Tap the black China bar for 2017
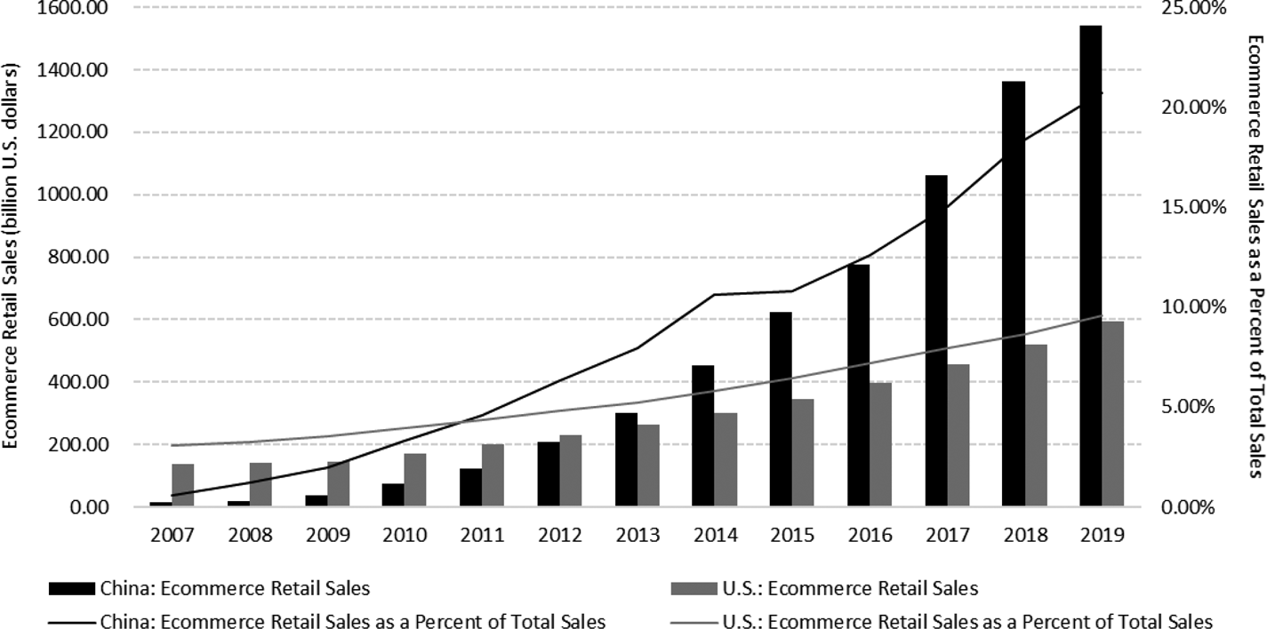pyautogui.click(x=935, y=341)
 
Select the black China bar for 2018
pyautogui.click(x=1013, y=294)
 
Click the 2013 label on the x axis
pyautogui.click(x=638, y=535)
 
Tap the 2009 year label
pyautogui.click(x=327, y=535)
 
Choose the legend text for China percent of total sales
pyautogui.click(x=353, y=620)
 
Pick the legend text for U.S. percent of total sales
pyautogui.click(x=967, y=620)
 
